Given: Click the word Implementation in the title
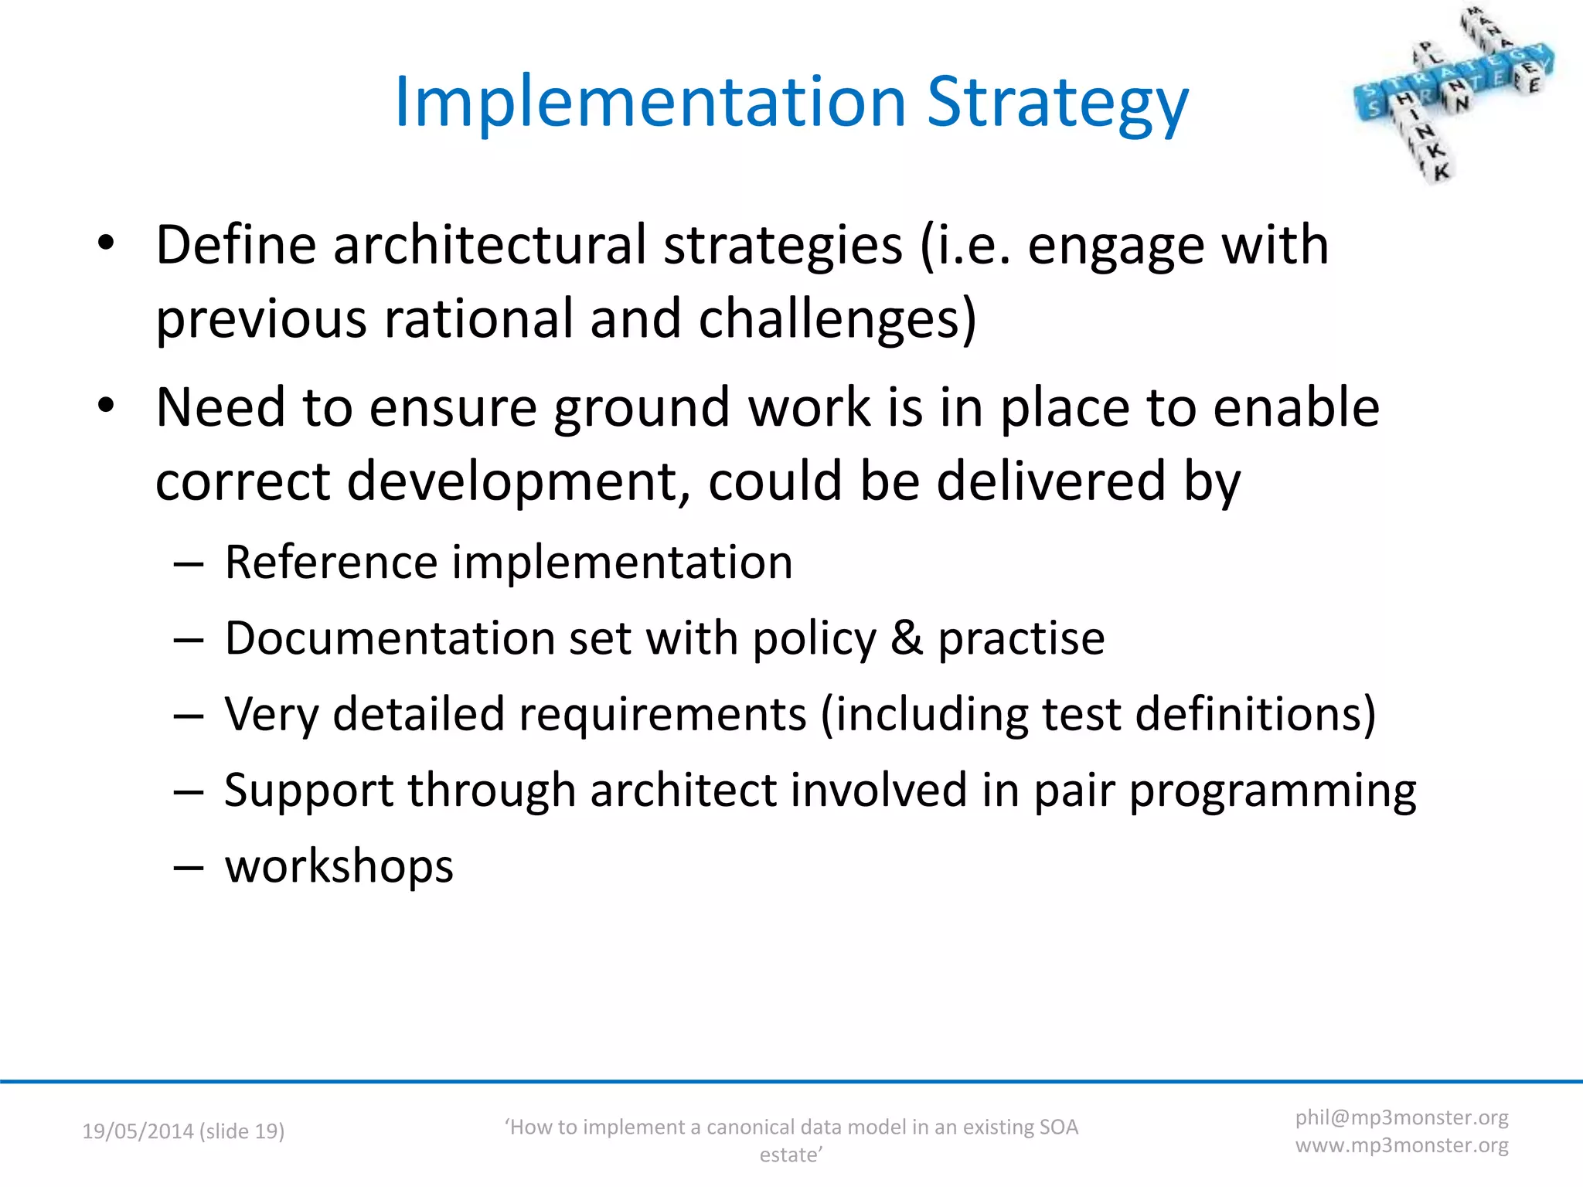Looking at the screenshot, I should pyautogui.click(x=649, y=103).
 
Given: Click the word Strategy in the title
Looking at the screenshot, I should pyautogui.click(x=1057, y=103).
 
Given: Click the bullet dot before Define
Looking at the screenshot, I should pyautogui.click(x=106, y=244).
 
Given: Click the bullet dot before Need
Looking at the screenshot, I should pyautogui.click(x=106, y=406).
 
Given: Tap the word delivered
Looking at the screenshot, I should pyautogui.click(x=1050, y=481).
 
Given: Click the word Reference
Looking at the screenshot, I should pyautogui.click(x=331, y=562).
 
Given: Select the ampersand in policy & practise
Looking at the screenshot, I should pyautogui.click(x=906, y=639).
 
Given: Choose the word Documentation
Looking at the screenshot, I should pyautogui.click(x=390, y=639).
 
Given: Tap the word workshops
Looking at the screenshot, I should pyautogui.click(x=339, y=866).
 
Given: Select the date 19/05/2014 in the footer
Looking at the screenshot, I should pyautogui.click(x=138, y=1131).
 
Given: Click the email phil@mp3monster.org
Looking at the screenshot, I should pyautogui.click(x=1401, y=1117).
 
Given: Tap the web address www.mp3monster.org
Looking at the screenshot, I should pyautogui.click(x=1401, y=1145).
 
